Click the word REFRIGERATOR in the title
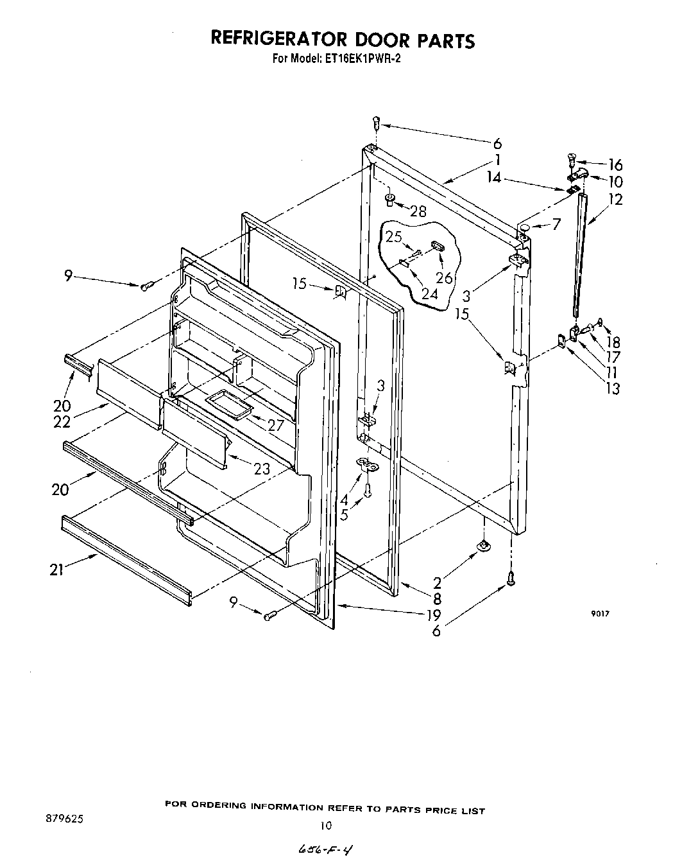277,40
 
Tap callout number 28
418,211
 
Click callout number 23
262,469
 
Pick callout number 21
57,570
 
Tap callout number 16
616,165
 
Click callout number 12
615,200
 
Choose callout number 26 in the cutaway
444,278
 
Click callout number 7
556,225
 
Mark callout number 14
494,179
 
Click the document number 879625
65,819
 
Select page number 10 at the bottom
327,826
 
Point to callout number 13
613,388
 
